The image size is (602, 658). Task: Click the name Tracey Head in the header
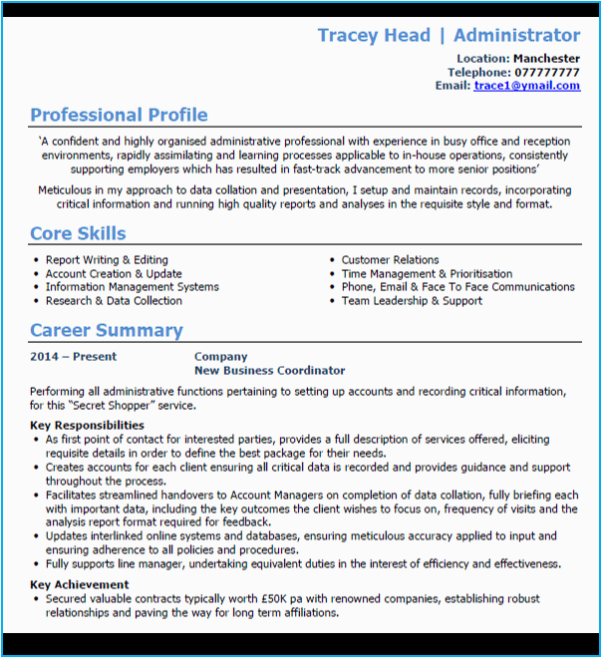374,36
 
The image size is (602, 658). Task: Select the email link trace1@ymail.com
526,86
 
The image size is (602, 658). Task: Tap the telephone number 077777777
547,73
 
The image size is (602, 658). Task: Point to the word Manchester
546,59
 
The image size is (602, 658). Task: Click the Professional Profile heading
119,115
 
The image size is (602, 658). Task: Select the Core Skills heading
78,234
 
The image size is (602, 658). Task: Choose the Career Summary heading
106,331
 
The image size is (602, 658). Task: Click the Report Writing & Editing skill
107,260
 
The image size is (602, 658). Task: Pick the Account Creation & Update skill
114,274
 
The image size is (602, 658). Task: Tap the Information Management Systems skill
132,287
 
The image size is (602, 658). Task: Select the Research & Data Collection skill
114,301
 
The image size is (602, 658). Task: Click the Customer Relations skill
390,260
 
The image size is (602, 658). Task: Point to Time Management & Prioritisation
427,274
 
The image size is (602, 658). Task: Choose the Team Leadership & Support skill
412,301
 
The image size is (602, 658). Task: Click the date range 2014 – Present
73,357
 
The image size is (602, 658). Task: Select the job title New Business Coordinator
269,371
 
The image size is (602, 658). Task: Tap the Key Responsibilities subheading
87,426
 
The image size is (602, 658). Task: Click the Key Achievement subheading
79,585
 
